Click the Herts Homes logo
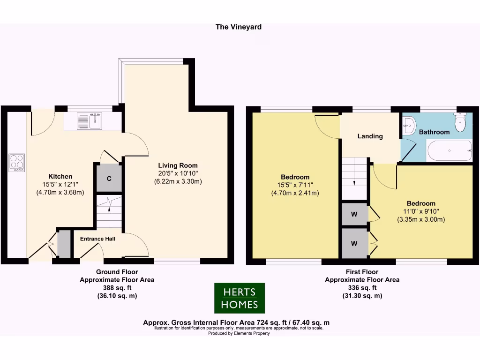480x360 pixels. tap(240, 298)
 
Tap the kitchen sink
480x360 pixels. tap(89, 121)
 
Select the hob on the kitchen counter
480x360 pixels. tap(16, 163)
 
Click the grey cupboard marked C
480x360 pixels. tap(109, 178)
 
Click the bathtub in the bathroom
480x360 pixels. tap(449, 150)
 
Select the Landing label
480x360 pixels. tap(370, 136)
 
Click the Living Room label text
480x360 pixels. tap(178, 165)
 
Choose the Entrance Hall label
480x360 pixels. tap(97, 239)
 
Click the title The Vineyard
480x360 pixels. tap(238, 27)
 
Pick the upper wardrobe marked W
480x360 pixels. tap(354, 215)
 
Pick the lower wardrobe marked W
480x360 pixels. tap(354, 243)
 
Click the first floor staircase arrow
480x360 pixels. tap(354, 183)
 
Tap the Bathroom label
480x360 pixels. tap(434, 132)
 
